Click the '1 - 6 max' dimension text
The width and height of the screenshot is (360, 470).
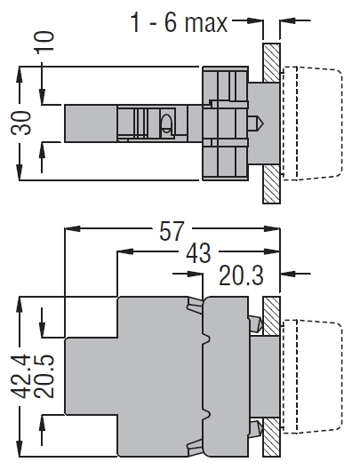click(x=179, y=23)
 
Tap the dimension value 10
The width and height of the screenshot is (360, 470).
click(x=45, y=43)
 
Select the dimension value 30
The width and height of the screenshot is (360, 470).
click(x=21, y=123)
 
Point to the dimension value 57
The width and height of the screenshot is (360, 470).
click(x=171, y=231)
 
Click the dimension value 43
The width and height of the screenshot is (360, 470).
click(x=198, y=253)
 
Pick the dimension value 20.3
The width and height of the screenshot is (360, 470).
click(x=241, y=275)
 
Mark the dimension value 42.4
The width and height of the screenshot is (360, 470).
click(x=21, y=377)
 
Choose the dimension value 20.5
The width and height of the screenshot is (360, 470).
click(x=44, y=377)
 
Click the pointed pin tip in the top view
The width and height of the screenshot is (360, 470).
click(x=264, y=123)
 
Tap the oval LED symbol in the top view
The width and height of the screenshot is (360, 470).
click(x=166, y=123)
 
